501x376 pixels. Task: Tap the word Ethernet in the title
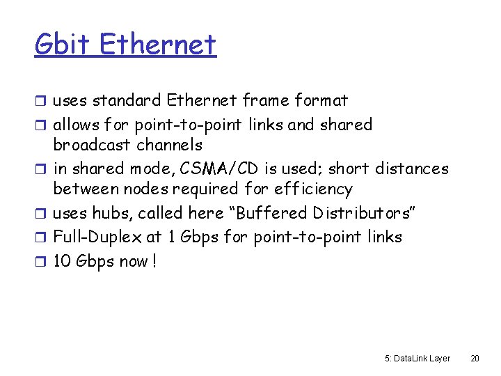pos(158,45)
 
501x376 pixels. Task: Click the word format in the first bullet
pos(321,100)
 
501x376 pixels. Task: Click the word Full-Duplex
pos(97,237)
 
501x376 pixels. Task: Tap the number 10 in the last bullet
pos(63,262)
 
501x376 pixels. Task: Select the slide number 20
pos(475,359)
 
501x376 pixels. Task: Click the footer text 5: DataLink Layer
pos(417,359)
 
